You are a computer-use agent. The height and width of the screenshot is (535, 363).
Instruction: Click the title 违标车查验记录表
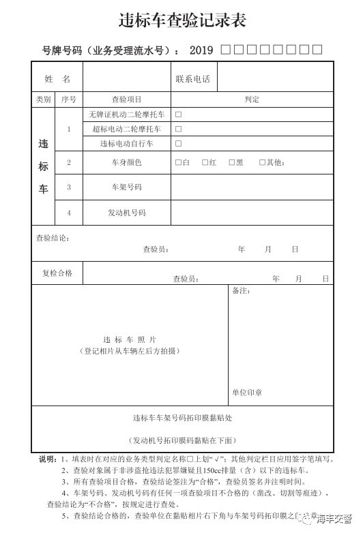click(181, 20)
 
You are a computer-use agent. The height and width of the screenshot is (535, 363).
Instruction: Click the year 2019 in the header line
click(201, 50)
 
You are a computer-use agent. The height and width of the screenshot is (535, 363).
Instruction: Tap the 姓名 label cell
click(57, 79)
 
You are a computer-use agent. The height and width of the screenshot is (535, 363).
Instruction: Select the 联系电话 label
click(192, 79)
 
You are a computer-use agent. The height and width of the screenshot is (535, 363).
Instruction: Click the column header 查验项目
click(126, 100)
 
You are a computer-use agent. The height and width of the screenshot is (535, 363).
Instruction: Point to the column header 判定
click(252, 100)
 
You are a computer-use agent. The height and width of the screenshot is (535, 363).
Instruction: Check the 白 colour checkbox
click(178, 162)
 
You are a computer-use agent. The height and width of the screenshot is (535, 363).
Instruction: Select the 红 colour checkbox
click(205, 162)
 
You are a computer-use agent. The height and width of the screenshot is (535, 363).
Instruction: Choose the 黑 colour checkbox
click(231, 162)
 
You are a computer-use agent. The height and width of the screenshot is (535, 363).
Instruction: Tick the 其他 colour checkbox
click(262, 162)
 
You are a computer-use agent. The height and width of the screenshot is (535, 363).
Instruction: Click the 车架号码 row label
click(126, 186)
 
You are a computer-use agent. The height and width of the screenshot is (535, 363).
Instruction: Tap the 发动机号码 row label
click(126, 213)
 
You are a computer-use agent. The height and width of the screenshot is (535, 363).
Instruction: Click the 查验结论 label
click(52, 238)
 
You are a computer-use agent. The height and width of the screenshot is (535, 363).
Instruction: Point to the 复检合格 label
click(57, 273)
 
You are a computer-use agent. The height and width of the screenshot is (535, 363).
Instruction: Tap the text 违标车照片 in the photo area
click(130, 339)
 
